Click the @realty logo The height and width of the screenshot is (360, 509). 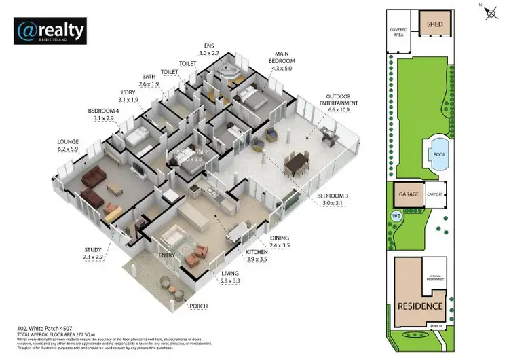[50, 31]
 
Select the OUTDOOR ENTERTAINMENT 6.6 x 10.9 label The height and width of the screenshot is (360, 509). [341, 103]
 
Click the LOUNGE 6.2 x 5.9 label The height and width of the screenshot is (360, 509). [69, 146]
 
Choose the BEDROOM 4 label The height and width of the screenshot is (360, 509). [103, 114]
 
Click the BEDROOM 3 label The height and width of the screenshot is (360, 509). [333, 199]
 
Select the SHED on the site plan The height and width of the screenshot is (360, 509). [434, 24]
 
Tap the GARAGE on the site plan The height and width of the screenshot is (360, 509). [408, 194]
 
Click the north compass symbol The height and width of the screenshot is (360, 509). [491, 14]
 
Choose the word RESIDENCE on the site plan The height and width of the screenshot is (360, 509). [420, 306]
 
